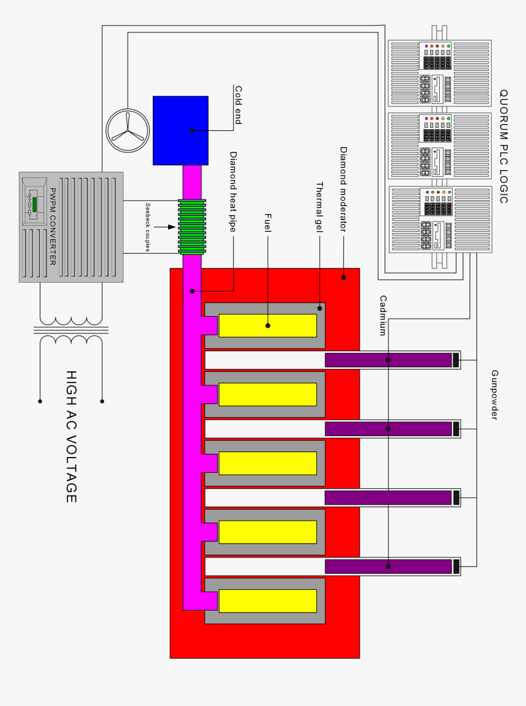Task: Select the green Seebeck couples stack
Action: coord(193,226)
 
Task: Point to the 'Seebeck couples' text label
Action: coord(148,227)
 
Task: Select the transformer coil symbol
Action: coord(71,330)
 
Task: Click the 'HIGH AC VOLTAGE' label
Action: coord(71,437)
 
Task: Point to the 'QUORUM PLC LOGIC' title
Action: coord(503,146)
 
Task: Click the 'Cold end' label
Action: coord(239,105)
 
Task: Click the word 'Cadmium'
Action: coord(383,316)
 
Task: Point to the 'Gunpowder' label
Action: coord(495,395)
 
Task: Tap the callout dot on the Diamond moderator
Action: coord(344,277)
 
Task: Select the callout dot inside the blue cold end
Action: coord(192,130)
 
